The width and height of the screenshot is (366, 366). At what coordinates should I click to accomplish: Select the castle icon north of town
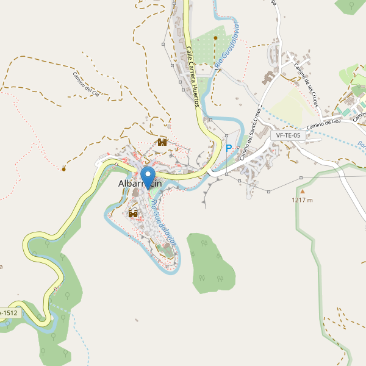(162, 142)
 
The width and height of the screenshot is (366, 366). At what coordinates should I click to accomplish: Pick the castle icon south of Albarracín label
(133, 213)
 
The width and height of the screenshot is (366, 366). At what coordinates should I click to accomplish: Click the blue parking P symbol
(229, 148)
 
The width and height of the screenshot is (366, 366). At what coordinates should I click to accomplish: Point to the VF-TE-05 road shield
(288, 135)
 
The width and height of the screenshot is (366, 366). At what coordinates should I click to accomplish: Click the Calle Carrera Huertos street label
(193, 77)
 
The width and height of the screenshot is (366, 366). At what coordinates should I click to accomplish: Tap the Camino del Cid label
(90, 85)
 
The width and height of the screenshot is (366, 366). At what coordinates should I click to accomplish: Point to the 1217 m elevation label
(302, 200)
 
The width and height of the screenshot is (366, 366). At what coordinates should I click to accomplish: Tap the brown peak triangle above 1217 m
(301, 191)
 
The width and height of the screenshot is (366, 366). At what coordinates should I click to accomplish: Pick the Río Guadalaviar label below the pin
(163, 221)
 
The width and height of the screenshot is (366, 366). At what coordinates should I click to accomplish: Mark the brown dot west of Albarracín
(63, 168)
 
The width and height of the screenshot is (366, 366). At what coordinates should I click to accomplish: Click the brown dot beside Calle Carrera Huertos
(215, 38)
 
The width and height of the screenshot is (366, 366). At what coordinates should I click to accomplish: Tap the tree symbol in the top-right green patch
(352, 5)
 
